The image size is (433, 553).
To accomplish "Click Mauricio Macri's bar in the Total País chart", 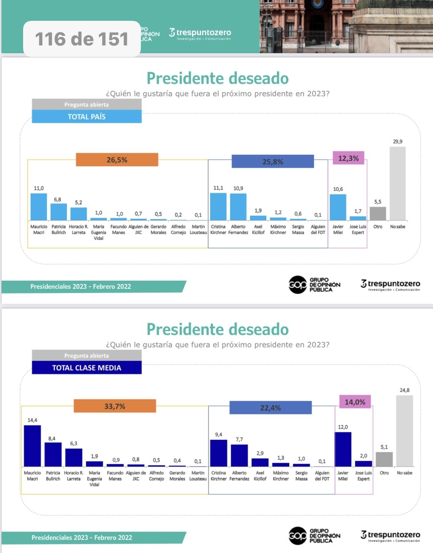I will (x=38, y=207).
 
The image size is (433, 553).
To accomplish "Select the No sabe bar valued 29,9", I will (x=398, y=183).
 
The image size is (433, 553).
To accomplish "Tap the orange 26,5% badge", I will (x=117, y=160).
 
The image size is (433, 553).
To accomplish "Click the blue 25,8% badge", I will (x=273, y=162).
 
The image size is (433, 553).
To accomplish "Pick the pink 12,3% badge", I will (x=348, y=158).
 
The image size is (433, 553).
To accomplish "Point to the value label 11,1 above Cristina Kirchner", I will (x=218, y=188).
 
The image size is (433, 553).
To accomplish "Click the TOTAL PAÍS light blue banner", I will (x=87, y=117).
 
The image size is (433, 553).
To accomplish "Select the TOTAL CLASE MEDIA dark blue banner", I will (x=87, y=368).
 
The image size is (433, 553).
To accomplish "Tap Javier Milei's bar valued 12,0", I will (x=343, y=449).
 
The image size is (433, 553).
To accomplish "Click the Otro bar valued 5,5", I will (x=378, y=214).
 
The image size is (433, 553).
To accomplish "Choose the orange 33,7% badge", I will (x=115, y=406).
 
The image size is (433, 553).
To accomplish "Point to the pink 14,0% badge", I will (x=355, y=402).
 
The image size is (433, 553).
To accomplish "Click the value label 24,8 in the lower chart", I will (x=405, y=390).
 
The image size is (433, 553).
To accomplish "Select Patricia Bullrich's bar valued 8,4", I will (x=53, y=454).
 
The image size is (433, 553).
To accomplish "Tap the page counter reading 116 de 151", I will (x=82, y=39).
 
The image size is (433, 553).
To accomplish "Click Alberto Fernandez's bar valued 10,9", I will (x=238, y=207).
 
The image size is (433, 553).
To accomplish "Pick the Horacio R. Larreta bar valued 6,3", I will (x=74, y=457).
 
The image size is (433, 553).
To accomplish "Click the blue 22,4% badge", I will (x=271, y=408).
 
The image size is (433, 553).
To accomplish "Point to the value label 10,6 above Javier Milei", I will (x=338, y=189).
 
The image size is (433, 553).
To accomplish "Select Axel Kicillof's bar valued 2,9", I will (x=260, y=463).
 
